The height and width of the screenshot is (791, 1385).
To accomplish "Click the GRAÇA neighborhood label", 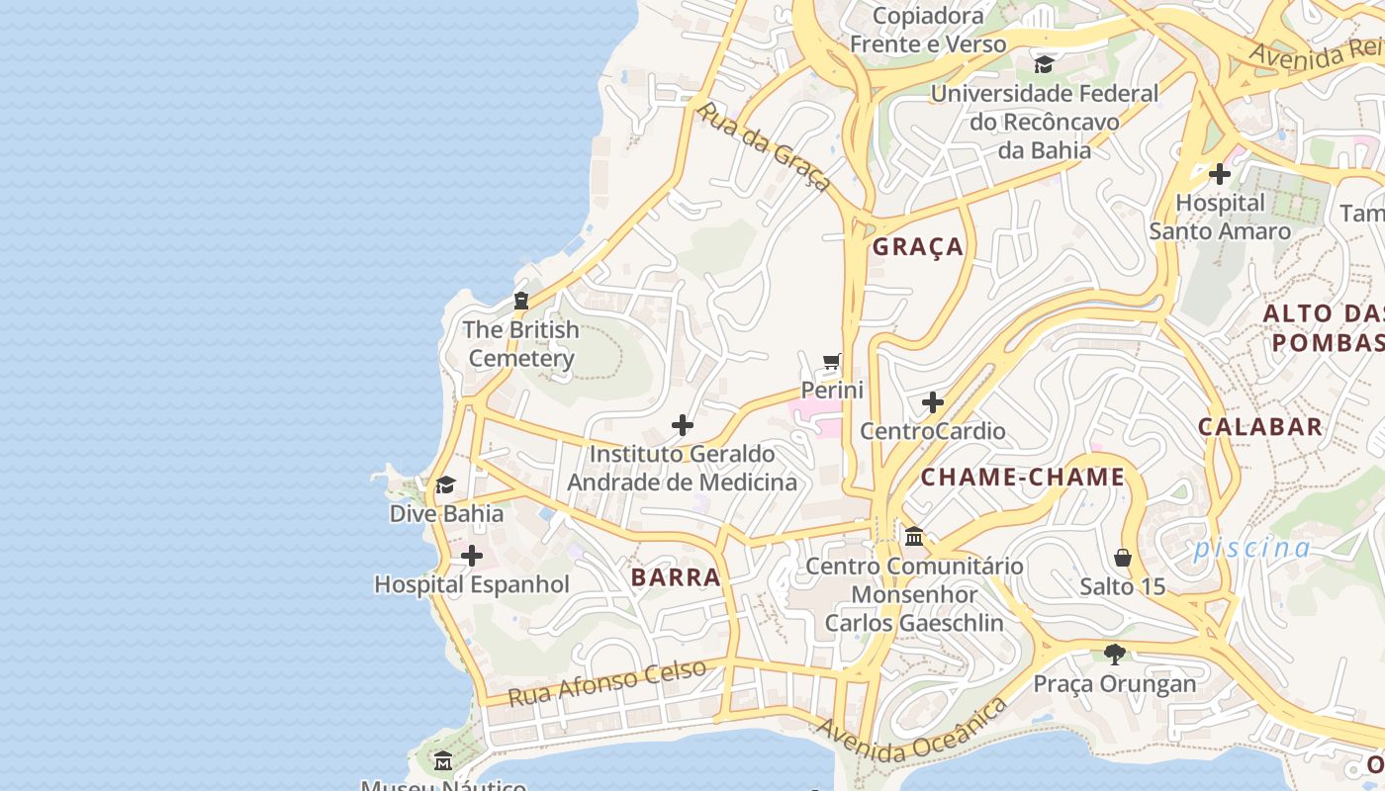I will click(918, 247).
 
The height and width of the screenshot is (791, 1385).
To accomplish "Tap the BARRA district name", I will click(676, 577).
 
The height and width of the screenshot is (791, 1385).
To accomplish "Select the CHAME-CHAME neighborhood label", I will click(1023, 478).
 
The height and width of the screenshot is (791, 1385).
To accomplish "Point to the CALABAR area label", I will click(1260, 427).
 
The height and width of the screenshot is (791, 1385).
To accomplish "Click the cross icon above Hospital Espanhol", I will click(472, 556).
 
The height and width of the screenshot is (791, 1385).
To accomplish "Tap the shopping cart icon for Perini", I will click(832, 362).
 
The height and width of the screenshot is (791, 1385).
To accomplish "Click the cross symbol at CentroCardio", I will click(932, 402).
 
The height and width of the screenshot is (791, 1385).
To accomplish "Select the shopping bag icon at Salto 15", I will click(1122, 558).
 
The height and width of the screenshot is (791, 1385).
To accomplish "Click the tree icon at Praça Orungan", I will click(1115, 654).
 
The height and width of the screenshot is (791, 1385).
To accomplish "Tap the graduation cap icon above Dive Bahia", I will click(445, 484).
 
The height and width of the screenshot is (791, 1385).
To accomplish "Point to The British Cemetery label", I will click(520, 343).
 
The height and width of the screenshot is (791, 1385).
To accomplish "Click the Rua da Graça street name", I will click(763, 146).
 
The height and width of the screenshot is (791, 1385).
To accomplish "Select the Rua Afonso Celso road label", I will click(607, 682).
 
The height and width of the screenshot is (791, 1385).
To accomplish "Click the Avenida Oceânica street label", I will click(911, 731).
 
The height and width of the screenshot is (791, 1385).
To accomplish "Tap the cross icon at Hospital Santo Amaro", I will click(1220, 174).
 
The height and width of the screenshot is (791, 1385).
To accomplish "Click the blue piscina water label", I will click(1251, 548).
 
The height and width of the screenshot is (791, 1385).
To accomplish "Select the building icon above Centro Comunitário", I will click(914, 537).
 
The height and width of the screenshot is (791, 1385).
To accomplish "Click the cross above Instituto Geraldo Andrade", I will click(682, 425).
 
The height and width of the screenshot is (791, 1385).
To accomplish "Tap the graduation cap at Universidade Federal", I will click(1044, 65).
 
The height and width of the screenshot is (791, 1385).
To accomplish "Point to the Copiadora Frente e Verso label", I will click(928, 30).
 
